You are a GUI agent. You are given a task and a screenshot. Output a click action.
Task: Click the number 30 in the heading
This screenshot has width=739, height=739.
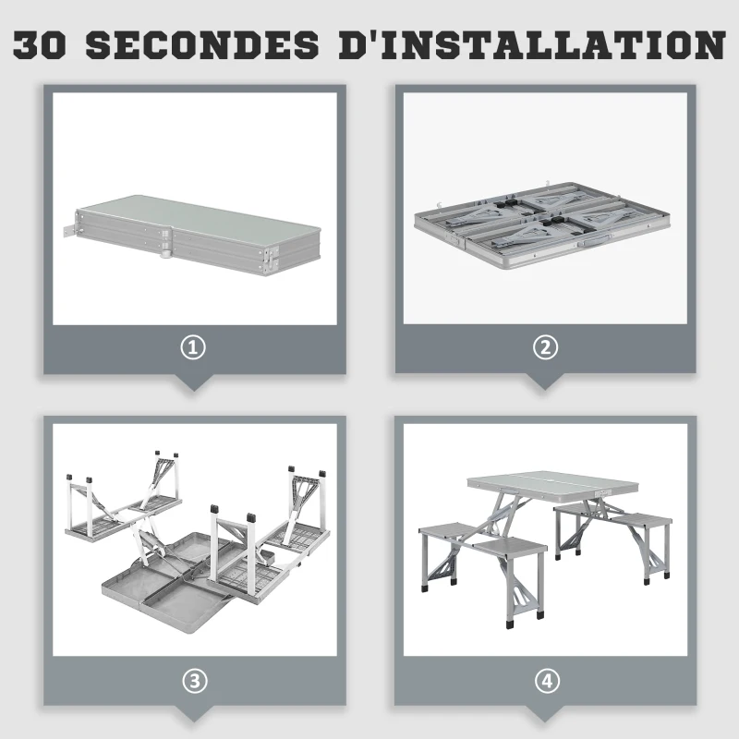(39, 45)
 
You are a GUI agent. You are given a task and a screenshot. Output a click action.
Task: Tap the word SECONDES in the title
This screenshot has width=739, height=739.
(202, 45)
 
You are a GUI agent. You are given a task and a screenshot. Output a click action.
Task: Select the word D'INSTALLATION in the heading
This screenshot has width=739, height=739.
(533, 44)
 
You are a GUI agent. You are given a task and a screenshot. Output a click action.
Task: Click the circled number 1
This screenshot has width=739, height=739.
(193, 348)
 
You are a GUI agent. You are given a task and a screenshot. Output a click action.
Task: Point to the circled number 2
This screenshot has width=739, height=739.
(545, 348)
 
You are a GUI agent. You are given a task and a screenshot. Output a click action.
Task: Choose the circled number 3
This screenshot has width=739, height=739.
(194, 681)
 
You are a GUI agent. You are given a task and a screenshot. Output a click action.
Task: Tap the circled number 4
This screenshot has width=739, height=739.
(547, 681)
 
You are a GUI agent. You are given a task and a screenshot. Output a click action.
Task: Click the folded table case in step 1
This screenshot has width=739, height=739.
(193, 235)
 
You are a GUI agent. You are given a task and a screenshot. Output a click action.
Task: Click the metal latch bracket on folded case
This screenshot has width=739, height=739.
(69, 232)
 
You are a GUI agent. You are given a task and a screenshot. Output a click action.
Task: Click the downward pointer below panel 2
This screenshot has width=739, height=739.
(545, 382)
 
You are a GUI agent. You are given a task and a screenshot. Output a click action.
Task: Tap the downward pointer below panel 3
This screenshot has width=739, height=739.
(193, 714)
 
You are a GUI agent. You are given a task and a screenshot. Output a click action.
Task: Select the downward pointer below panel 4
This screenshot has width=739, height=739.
(545, 714)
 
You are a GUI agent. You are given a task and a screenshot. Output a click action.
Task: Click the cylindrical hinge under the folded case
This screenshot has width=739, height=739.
(167, 253)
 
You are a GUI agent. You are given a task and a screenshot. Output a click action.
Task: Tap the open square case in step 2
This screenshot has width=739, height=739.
(542, 224)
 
